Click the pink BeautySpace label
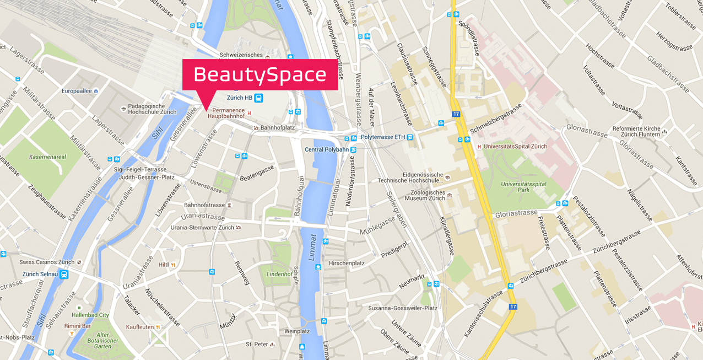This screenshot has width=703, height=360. click(x=260, y=74)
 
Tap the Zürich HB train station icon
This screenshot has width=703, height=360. click(x=259, y=98)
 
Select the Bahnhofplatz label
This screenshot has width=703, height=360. click(x=277, y=128)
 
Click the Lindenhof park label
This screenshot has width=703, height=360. click(x=279, y=274)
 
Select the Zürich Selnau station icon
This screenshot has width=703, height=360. click(x=64, y=274)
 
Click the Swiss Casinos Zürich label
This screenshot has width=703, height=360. click(x=46, y=262)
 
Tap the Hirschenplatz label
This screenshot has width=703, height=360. click(x=347, y=264)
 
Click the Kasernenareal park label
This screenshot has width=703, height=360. click(x=47, y=157)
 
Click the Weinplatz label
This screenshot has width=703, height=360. click(x=297, y=331)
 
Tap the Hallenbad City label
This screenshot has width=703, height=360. click(x=90, y=315)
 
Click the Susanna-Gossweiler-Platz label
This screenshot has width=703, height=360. click(x=403, y=308)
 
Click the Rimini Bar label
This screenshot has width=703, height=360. click(x=77, y=326)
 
